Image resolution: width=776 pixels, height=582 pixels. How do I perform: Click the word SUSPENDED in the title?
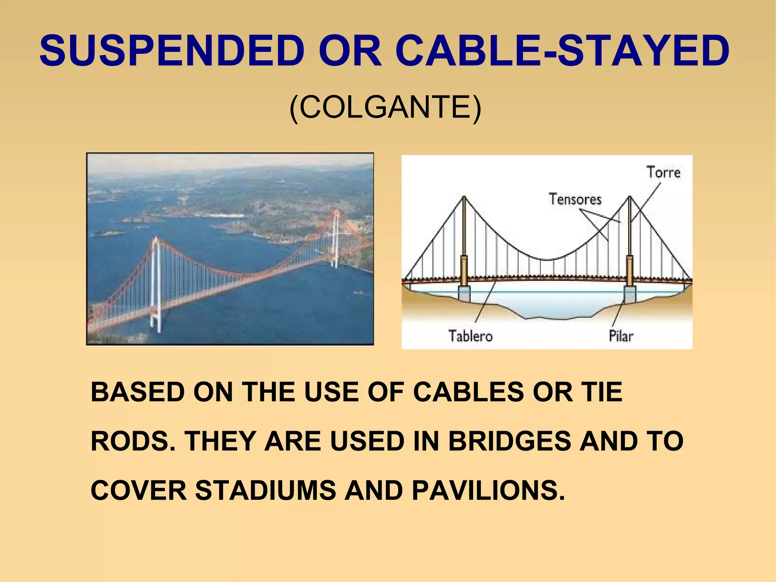point(172,50)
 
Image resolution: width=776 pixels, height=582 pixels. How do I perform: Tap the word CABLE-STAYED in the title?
point(562,50)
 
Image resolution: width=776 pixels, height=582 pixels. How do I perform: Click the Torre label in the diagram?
point(663,173)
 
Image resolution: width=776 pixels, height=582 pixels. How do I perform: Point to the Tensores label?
point(575,199)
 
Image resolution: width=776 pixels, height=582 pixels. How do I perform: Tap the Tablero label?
point(470,336)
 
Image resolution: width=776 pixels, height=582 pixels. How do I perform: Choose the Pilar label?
point(621,336)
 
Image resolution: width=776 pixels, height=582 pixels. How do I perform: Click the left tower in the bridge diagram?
point(464,235)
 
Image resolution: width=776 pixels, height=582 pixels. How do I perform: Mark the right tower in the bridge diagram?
point(629,235)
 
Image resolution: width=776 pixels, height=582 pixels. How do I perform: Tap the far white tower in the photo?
point(335,239)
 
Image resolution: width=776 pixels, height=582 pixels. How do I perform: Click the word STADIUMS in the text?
point(265,490)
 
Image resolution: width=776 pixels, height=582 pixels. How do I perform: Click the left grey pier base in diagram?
point(464,294)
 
